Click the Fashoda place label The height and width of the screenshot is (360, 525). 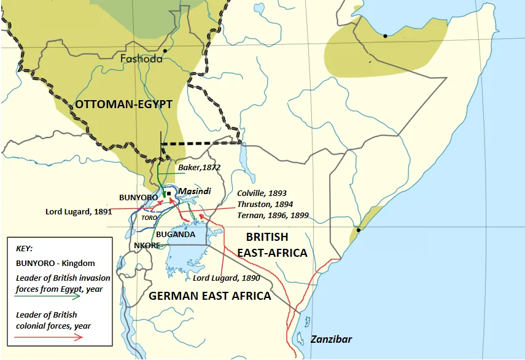pyautogui.click(x=142, y=59)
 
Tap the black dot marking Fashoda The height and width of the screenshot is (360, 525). pyautogui.click(x=166, y=50)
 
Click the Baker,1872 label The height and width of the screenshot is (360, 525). pyautogui.click(x=199, y=167)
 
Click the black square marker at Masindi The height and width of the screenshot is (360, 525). pyautogui.click(x=168, y=194)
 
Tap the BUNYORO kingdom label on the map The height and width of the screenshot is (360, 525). pyautogui.click(x=139, y=197)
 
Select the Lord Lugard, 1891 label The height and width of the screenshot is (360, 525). pyautogui.click(x=78, y=211)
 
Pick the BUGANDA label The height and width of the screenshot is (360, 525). pyautogui.click(x=176, y=234)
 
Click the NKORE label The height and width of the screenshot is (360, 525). pyautogui.click(x=147, y=245)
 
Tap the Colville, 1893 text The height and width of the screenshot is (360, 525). pyautogui.click(x=263, y=193)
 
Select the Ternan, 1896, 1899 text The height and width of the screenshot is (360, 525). pyautogui.click(x=273, y=216)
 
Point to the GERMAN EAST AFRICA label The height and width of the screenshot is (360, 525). pyautogui.click(x=211, y=295)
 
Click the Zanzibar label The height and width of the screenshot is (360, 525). pyautogui.click(x=332, y=339)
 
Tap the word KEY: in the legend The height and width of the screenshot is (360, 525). pyautogui.click(x=26, y=249)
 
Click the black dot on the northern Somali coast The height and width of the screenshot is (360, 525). pyautogui.click(x=385, y=36)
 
